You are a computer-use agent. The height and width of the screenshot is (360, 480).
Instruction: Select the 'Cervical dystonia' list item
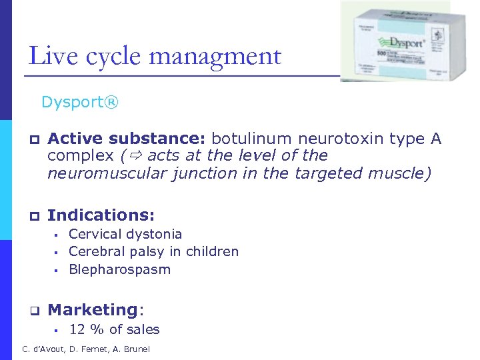pyautogui.click(x=125, y=234)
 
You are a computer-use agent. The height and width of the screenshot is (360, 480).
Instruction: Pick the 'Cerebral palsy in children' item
pyautogui.click(x=153, y=251)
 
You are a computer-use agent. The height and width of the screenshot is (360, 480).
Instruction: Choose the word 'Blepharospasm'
pyautogui.click(x=119, y=269)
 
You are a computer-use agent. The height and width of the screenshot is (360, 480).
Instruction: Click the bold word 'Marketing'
pyautogui.click(x=92, y=310)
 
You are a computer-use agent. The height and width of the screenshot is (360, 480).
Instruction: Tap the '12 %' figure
pyautogui.click(x=87, y=329)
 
